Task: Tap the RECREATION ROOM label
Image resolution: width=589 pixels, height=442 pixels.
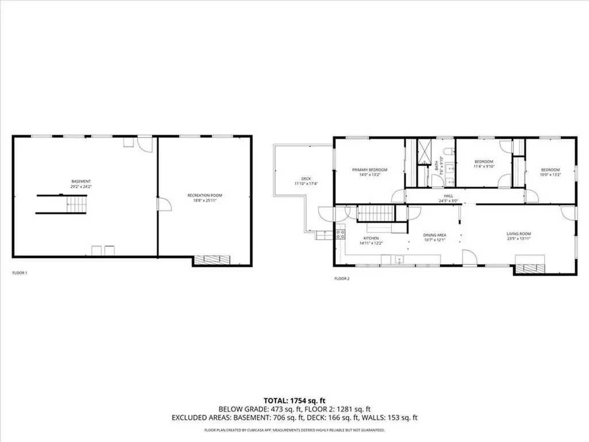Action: point(204,196)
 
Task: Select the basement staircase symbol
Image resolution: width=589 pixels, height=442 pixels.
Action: point(76,204)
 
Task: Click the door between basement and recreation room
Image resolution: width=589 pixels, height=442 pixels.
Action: point(163,204)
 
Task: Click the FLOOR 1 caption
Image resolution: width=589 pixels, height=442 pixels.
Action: point(20,272)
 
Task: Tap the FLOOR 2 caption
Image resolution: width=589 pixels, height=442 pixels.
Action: point(342,279)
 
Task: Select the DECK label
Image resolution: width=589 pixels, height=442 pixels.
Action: point(306,178)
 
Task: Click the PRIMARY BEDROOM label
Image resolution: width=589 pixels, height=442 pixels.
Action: point(369,170)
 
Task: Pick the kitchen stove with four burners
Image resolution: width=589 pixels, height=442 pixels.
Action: point(340,234)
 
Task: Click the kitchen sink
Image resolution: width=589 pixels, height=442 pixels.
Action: point(399,261)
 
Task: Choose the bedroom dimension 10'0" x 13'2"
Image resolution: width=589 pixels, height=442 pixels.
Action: point(550,175)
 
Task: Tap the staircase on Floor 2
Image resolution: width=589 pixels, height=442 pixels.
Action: point(375,215)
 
